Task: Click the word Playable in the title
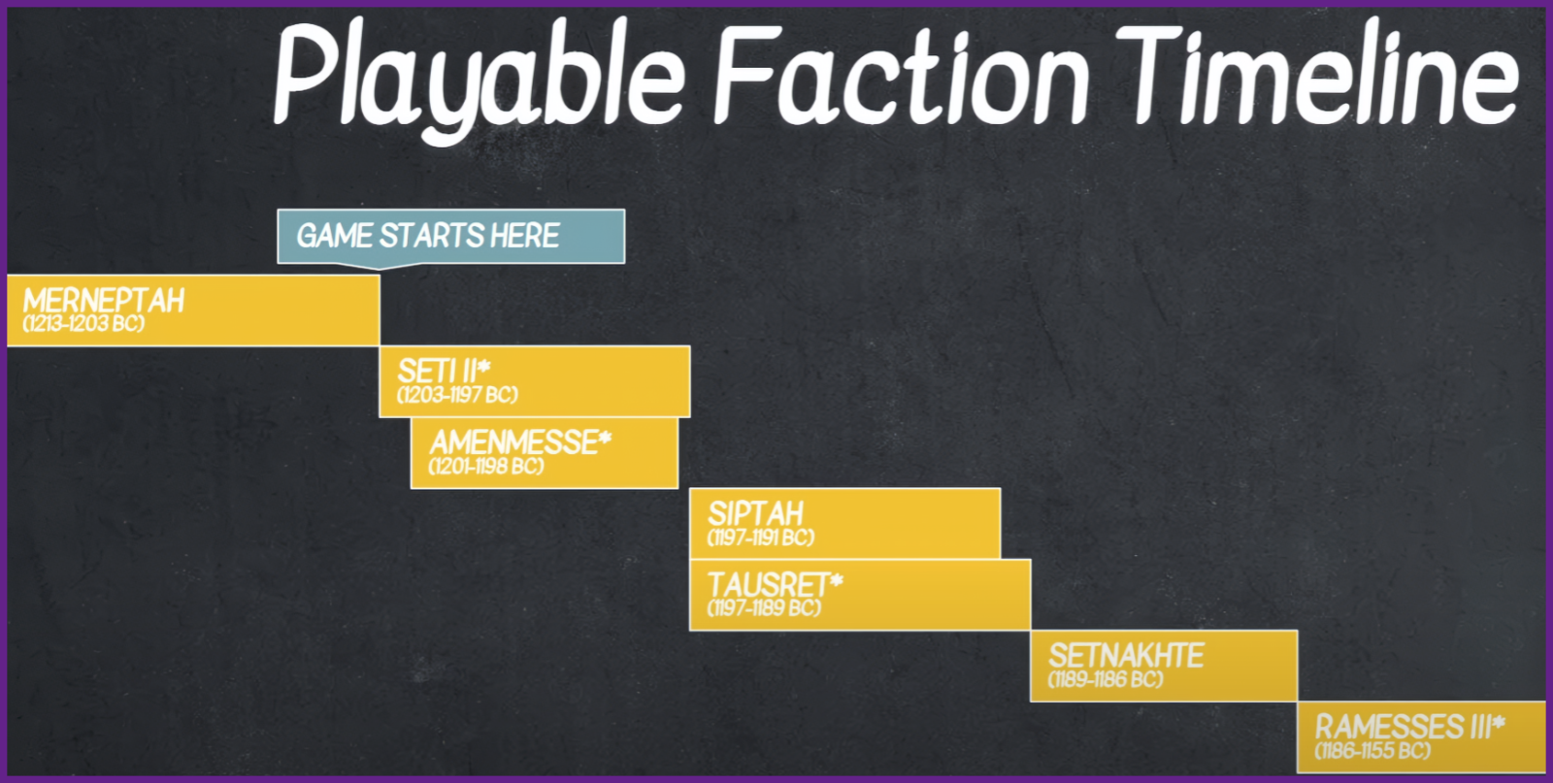click(479, 80)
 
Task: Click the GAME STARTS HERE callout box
click(450, 237)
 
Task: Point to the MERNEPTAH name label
click(104, 302)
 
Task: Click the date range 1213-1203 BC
click(83, 324)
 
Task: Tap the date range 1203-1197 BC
click(457, 395)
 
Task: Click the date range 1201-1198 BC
click(486, 467)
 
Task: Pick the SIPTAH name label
click(755, 515)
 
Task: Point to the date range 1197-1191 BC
click(761, 538)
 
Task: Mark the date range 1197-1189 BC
click(764, 608)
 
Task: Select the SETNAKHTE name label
click(1126, 656)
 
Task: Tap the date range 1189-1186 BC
click(1106, 680)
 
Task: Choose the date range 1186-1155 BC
click(1372, 751)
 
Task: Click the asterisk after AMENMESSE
click(605, 438)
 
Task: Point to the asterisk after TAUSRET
click(836, 580)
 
